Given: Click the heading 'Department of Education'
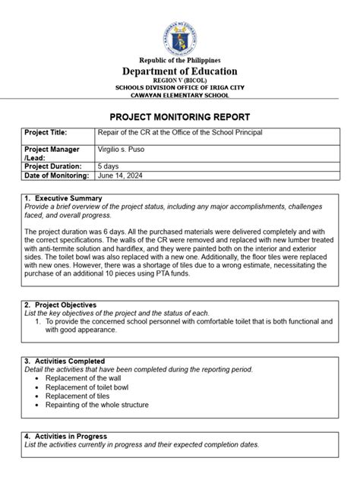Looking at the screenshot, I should pos(179,71).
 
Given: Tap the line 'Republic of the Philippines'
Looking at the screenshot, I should pos(179,60).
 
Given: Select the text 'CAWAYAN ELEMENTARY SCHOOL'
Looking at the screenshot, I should pos(179,96).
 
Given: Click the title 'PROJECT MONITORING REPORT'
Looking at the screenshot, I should pos(179,118).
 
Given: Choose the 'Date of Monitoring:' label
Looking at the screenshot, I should pos(58,175).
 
